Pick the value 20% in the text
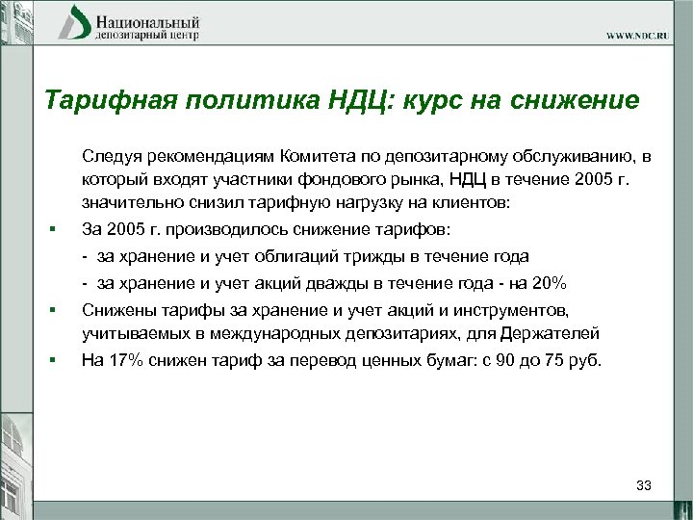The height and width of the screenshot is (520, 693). tap(550, 283)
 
